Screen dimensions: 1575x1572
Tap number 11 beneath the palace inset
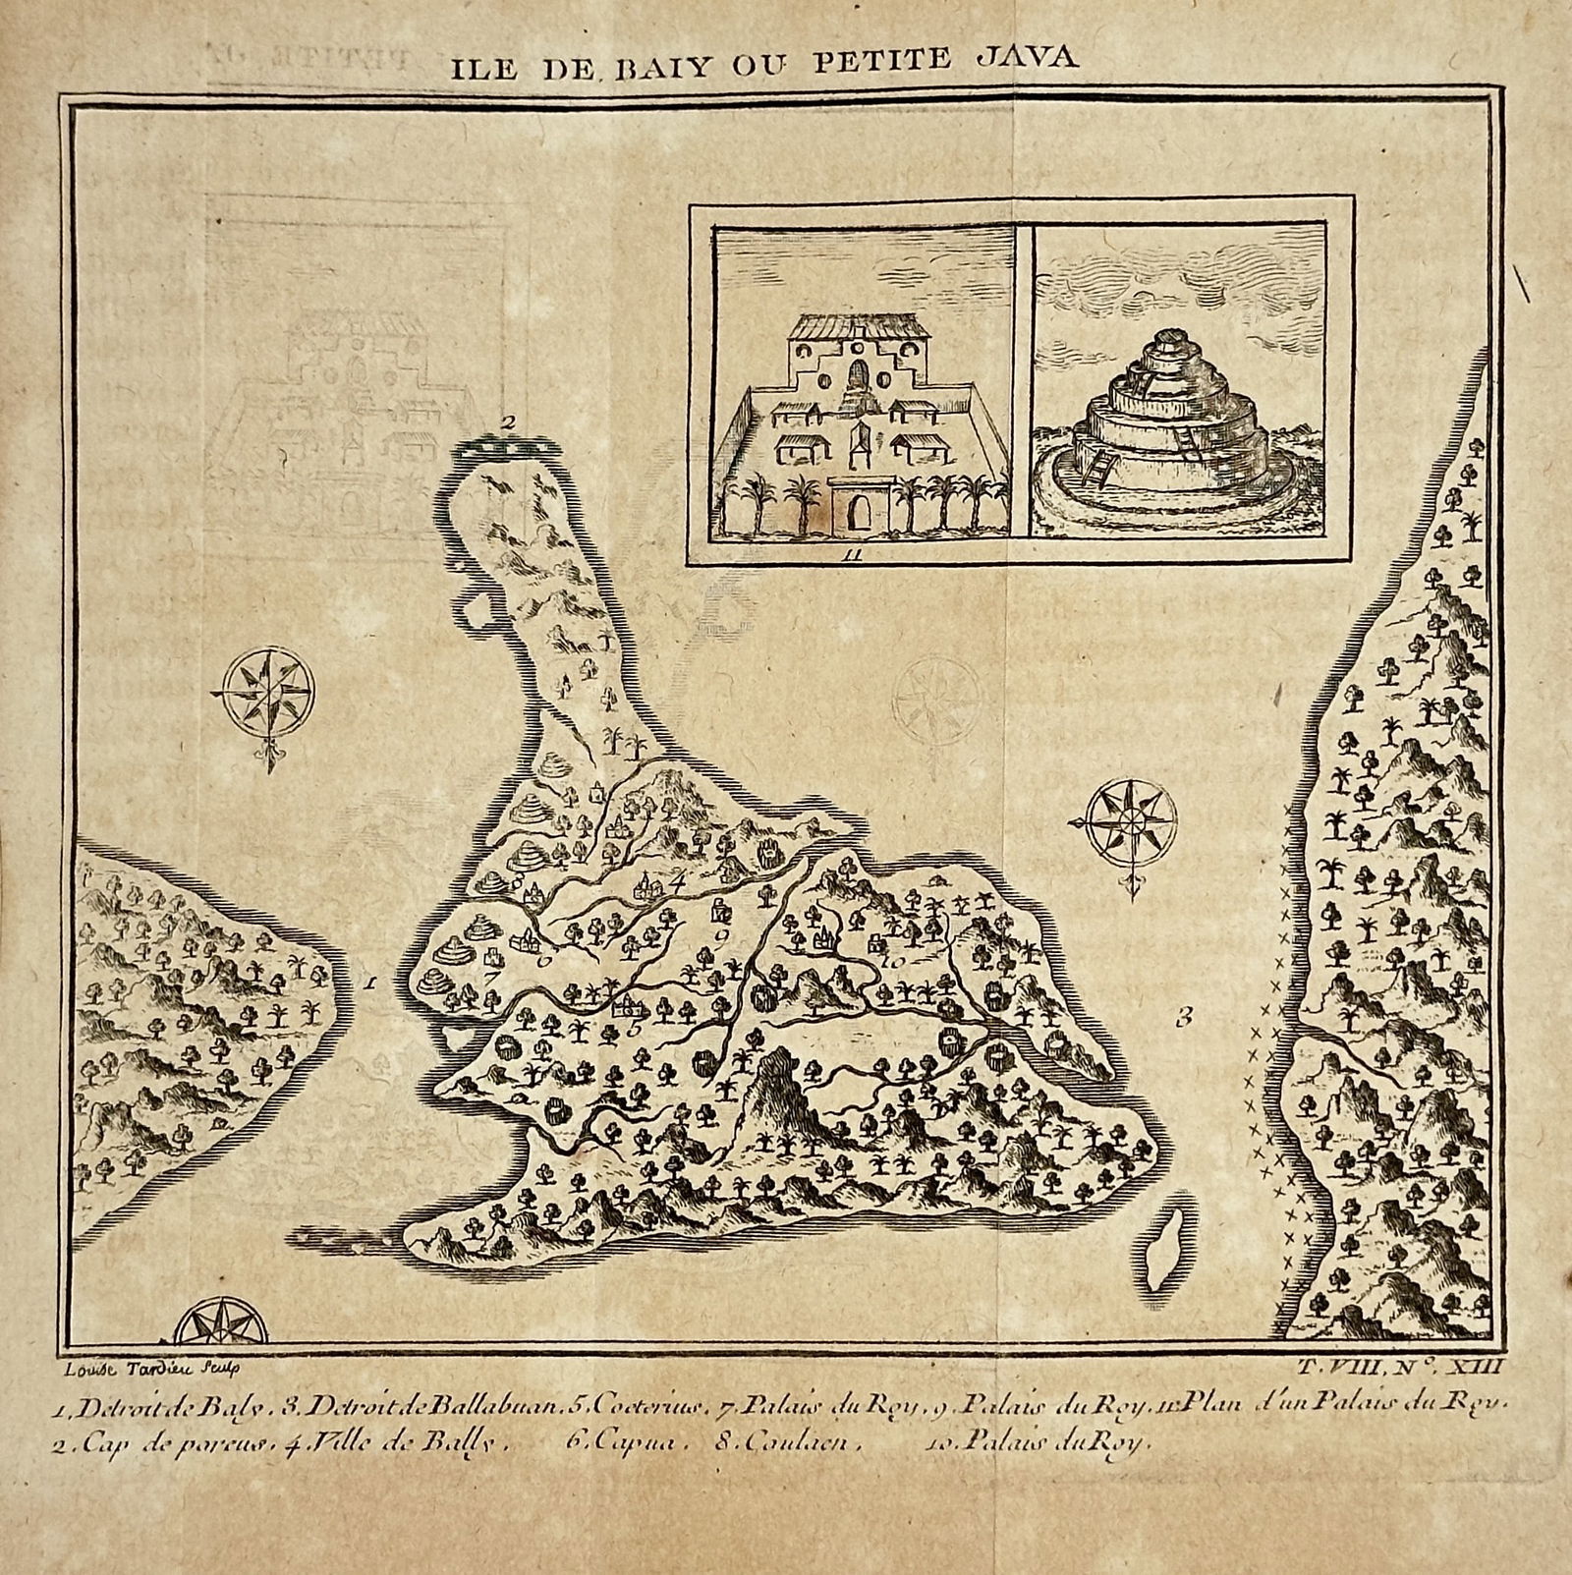[852, 556]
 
